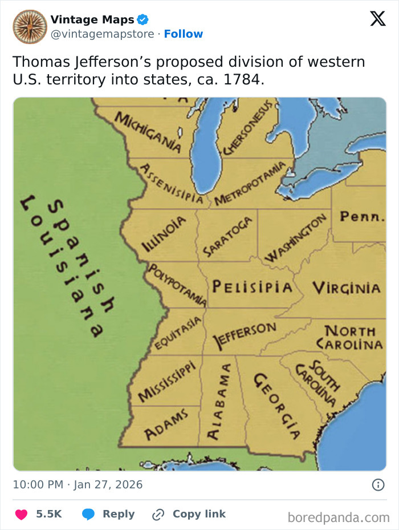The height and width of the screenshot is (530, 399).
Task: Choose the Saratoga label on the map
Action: pyautogui.click(x=227, y=236)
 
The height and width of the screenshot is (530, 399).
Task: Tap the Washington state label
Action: pyautogui.click(x=296, y=238)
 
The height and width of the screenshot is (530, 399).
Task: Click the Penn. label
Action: pyautogui.click(x=362, y=217)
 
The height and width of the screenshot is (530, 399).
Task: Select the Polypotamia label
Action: pyautogui.click(x=177, y=284)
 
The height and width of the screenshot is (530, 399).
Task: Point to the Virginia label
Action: pyautogui.click(x=346, y=287)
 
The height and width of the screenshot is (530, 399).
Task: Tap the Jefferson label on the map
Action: pyautogui.click(x=244, y=335)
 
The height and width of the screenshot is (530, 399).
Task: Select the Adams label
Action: pyautogui.click(x=166, y=425)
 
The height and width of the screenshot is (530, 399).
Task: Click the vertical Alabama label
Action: pyautogui.click(x=212, y=401)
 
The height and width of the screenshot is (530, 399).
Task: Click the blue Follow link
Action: pyautogui.click(x=184, y=34)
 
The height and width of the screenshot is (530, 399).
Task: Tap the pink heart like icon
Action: pyautogui.click(x=21, y=514)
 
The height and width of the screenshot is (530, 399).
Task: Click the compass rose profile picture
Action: pyautogui.click(x=30, y=26)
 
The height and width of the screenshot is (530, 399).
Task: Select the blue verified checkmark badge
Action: pyautogui.click(x=142, y=20)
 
